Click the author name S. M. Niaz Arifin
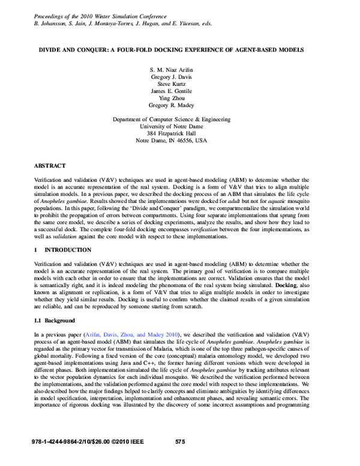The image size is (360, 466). pyautogui.click(x=180, y=70)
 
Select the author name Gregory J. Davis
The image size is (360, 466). pyautogui.click(x=180, y=77)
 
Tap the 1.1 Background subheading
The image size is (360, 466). pyautogui.click(x=57, y=321)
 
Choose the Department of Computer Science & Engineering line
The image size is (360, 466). pyautogui.click(x=180, y=119)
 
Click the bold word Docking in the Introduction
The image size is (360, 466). pyautogui.click(x=289, y=285)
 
